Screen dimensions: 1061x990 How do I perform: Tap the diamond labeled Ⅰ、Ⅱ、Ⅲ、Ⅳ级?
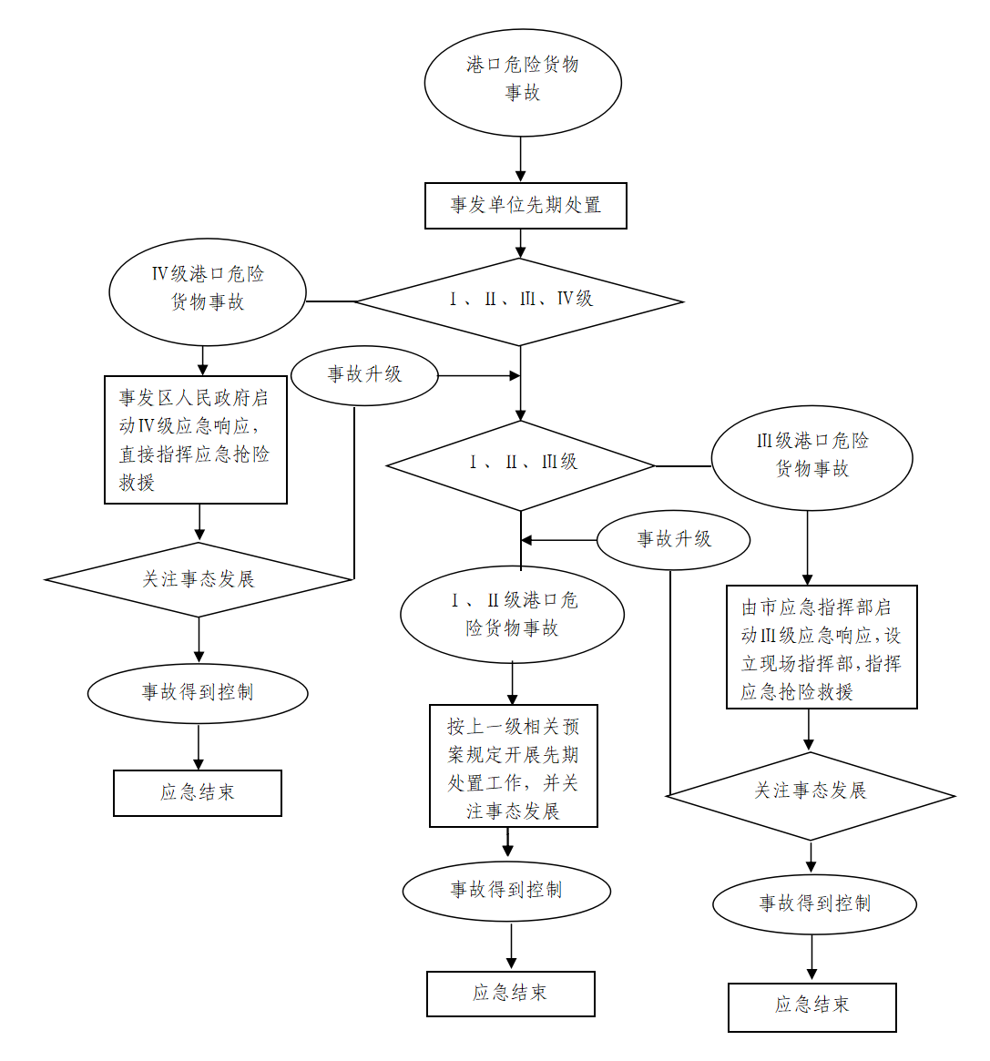[519, 301]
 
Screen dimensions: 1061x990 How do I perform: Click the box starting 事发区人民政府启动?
[196, 439]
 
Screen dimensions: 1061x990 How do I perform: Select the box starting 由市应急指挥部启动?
[821, 647]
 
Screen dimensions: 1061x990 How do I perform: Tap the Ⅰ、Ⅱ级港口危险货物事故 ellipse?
[512, 615]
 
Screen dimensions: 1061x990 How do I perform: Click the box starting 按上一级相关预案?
[514, 766]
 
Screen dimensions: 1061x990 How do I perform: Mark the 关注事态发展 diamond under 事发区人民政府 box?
[199, 579]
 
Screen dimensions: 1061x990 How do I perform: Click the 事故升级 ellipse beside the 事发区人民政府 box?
[364, 374]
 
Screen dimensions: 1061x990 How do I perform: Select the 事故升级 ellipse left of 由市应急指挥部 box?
[674, 539]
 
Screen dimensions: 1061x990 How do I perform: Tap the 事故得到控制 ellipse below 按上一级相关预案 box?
[506, 891]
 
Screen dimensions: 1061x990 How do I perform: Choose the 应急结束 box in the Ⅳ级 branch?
[198, 792]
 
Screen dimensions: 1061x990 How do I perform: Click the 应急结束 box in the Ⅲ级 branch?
[811, 1006]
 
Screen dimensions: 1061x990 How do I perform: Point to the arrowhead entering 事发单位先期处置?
[521, 176]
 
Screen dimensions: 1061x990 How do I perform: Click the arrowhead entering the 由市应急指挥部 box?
[807, 578]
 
